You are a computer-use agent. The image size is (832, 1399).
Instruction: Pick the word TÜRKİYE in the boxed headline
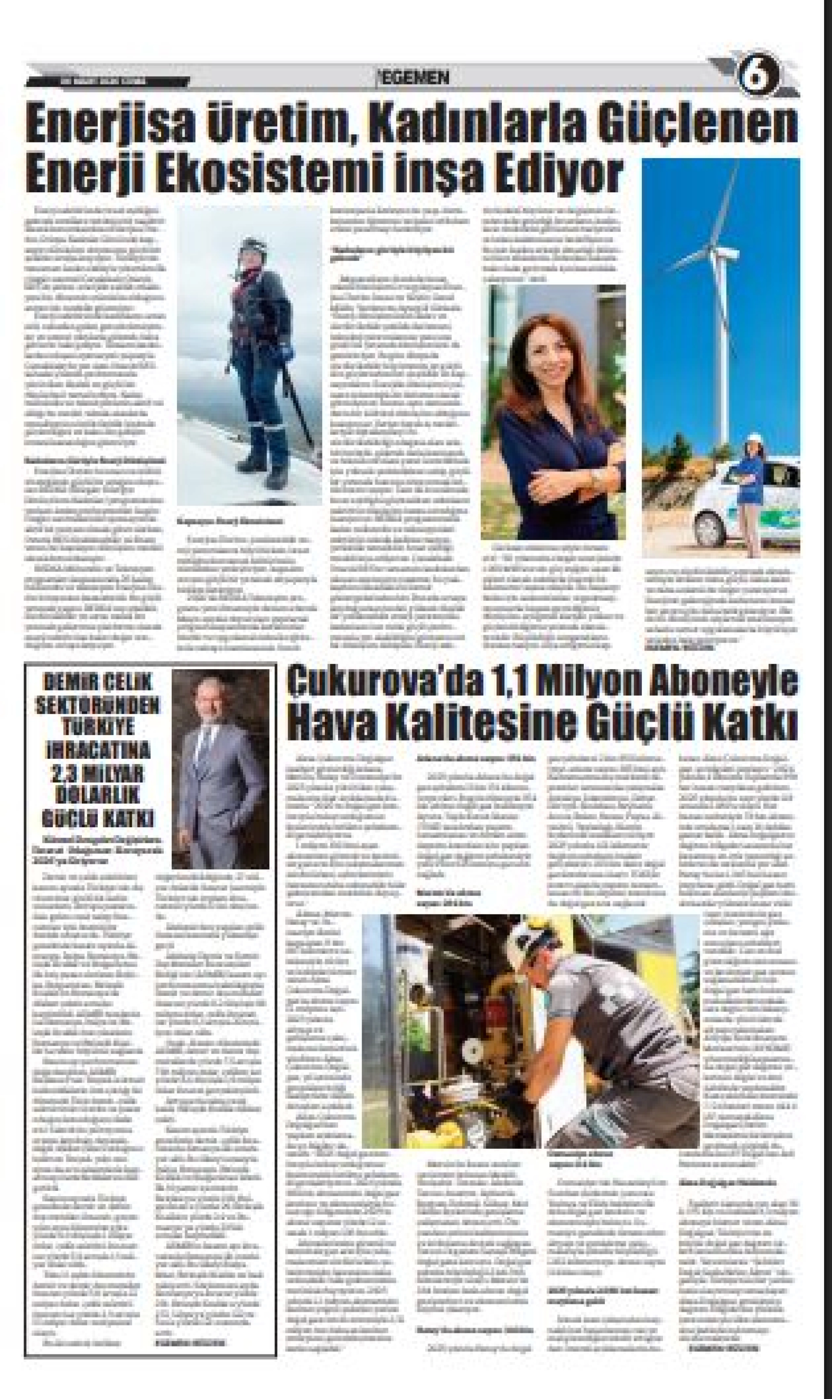[98, 727]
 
